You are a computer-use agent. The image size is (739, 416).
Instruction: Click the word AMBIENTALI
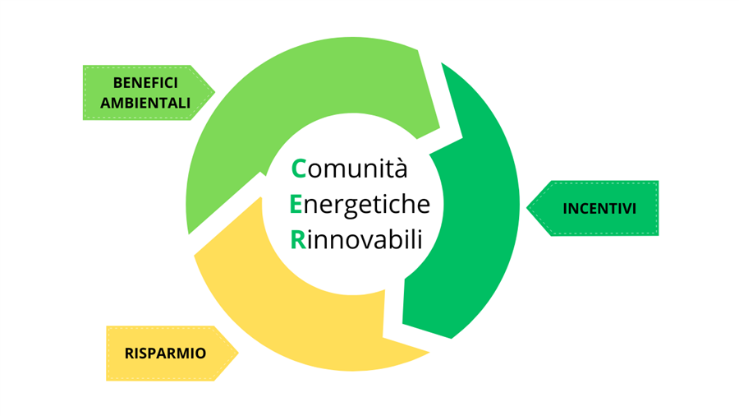click(151, 103)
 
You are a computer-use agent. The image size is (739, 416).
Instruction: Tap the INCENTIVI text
click(599, 209)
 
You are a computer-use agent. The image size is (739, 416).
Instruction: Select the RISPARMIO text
click(165, 354)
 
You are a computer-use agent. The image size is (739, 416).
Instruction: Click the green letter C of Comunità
click(299, 169)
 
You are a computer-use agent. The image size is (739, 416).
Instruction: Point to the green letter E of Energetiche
click(297, 204)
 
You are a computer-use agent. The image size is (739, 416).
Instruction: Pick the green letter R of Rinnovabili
click(298, 239)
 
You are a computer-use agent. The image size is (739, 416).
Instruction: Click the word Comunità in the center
click(350, 169)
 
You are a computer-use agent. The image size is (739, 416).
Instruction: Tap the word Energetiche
click(360, 205)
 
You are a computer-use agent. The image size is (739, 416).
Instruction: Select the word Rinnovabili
click(356, 239)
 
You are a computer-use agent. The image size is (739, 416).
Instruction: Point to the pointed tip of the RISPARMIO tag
click(237, 354)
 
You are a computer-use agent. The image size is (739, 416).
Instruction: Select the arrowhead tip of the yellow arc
click(429, 354)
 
